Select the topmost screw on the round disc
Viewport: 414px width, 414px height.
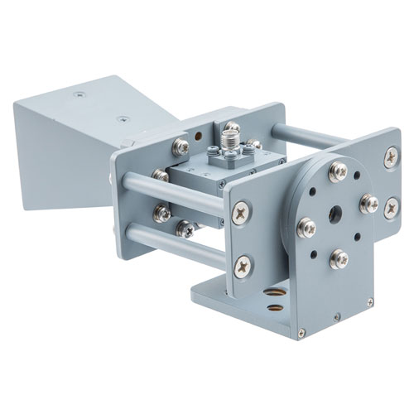click(x=339, y=171)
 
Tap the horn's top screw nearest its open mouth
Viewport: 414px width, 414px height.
click(x=79, y=94)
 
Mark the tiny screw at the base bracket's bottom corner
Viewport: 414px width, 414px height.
click(x=303, y=334)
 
